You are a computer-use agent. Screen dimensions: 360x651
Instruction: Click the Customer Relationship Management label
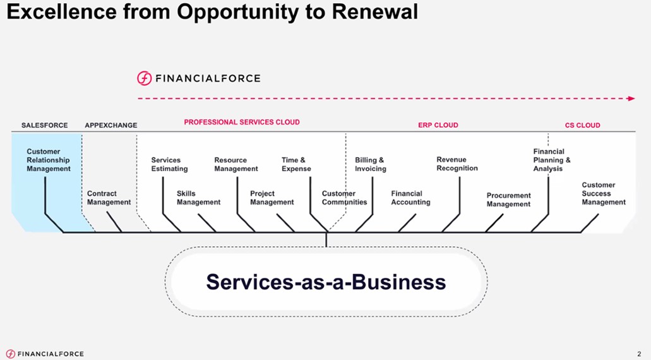(49, 160)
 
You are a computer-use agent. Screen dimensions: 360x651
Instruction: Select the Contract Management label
(109, 198)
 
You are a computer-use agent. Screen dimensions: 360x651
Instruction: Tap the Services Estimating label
(169, 165)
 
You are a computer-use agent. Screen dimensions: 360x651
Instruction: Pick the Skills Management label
(198, 198)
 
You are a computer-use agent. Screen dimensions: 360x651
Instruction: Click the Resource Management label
(236, 165)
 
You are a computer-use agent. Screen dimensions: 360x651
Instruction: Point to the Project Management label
(272, 198)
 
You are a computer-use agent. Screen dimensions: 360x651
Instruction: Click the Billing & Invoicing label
(370, 165)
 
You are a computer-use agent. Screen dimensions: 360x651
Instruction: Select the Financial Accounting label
(410, 198)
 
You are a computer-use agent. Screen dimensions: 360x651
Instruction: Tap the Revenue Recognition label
(457, 164)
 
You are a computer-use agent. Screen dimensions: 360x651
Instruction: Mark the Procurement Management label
(508, 200)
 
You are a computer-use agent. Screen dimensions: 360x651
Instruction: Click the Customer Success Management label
(604, 194)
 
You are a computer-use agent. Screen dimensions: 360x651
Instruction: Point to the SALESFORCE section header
(44, 125)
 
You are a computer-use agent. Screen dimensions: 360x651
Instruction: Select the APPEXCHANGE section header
(110, 125)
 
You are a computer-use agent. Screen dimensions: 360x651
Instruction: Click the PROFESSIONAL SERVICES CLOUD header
(242, 122)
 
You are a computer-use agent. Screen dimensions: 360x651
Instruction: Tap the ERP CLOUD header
(438, 125)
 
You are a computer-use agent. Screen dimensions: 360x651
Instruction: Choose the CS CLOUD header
(582, 125)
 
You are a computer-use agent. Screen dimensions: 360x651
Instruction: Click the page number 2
(639, 354)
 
